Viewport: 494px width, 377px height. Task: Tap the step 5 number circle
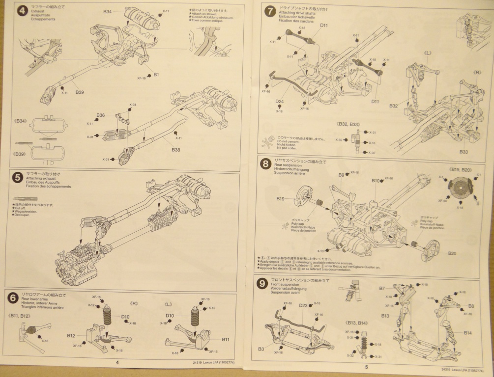click(x=17, y=179)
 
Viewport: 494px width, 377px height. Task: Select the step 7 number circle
click(x=269, y=11)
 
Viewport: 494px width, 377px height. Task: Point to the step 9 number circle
click(x=263, y=283)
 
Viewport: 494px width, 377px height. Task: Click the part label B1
click(x=156, y=74)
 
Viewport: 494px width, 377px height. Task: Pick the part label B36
click(x=101, y=115)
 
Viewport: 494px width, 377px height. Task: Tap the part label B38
click(x=176, y=149)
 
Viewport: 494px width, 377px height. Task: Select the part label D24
click(x=279, y=102)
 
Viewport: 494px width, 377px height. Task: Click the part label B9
click(x=341, y=175)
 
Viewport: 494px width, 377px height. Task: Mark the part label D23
click(x=303, y=305)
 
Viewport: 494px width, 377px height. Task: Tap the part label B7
click(x=382, y=288)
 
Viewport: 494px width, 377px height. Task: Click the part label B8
click(x=470, y=306)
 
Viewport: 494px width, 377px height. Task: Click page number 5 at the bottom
click(x=366, y=367)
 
